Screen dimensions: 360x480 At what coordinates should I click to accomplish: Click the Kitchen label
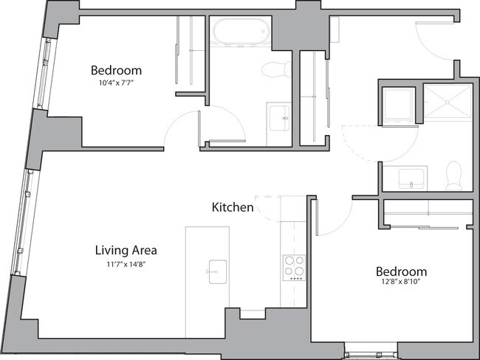[233, 208]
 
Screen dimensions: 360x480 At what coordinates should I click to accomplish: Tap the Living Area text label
[125, 250]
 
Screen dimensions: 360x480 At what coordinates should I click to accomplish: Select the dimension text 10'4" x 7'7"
[115, 83]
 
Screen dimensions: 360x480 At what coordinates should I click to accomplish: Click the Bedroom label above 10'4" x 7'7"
[116, 71]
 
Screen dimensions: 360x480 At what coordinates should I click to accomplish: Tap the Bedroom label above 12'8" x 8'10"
[401, 271]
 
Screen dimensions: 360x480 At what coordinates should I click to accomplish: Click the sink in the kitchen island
[216, 271]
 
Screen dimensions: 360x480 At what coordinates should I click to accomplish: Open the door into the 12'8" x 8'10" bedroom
[332, 216]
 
